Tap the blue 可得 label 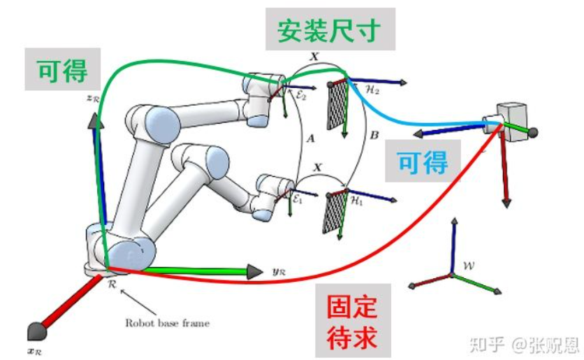click(422, 163)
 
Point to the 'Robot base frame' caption click(166, 323)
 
